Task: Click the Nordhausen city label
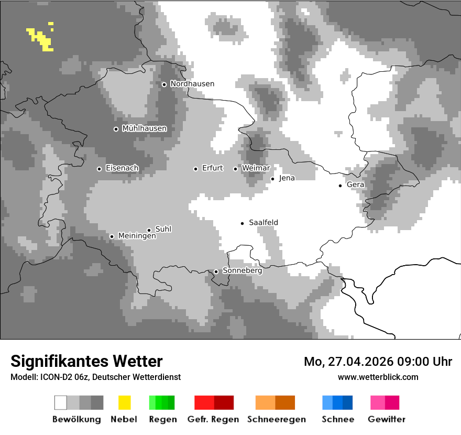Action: tap(192, 84)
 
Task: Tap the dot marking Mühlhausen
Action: tap(116, 129)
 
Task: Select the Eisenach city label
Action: tap(122, 168)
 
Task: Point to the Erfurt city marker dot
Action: tap(195, 169)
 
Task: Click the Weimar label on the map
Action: tap(256, 168)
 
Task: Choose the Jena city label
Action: tap(287, 178)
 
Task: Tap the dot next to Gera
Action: tap(340, 186)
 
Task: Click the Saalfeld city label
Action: tap(264, 223)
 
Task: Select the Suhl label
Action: tap(163, 229)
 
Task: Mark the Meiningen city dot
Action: tap(112, 236)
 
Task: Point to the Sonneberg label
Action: tap(243, 271)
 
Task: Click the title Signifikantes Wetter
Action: tap(86, 361)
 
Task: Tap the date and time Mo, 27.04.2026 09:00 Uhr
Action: tap(378, 362)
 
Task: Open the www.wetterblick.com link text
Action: tap(378, 377)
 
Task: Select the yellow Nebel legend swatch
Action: tap(124, 403)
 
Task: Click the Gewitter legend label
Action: tap(387, 419)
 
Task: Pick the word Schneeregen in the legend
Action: tap(277, 419)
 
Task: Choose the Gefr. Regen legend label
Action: tap(213, 419)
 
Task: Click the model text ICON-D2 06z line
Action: tap(95, 377)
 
